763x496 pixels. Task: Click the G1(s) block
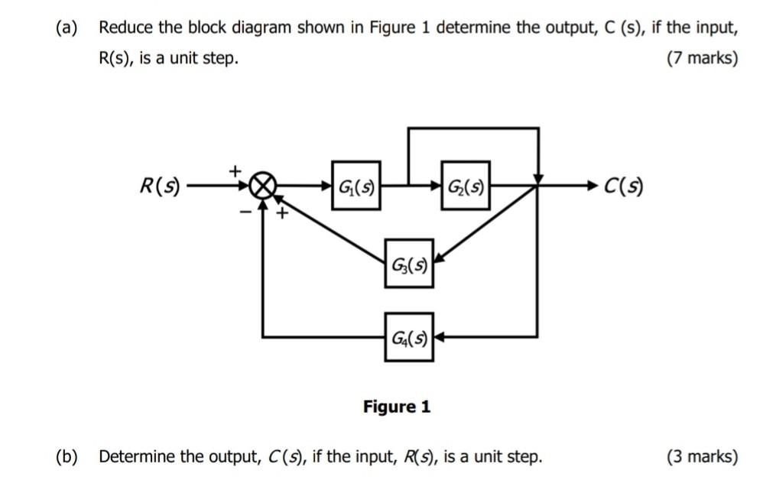click(356, 185)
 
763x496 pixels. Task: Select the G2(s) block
click(465, 185)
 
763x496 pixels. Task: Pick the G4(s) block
click(409, 336)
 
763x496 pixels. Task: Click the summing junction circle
click(264, 186)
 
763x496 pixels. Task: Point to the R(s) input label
click(159, 186)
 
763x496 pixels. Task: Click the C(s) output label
click(623, 186)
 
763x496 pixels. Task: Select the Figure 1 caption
click(396, 407)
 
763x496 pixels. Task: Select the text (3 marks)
click(702, 457)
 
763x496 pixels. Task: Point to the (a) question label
click(67, 28)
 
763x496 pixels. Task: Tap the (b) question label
click(67, 457)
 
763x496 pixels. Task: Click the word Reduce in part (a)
click(126, 28)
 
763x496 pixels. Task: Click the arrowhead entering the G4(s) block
click(440, 336)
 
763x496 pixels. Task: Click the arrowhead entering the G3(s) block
click(439, 262)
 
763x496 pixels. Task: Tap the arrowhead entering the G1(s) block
click(326, 185)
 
